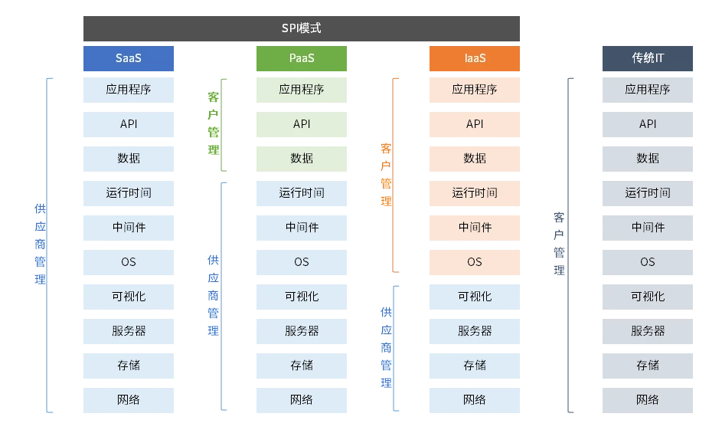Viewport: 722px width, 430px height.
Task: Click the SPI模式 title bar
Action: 301,28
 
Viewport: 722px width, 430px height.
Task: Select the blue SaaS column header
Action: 129,58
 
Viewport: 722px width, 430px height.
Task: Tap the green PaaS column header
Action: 302,58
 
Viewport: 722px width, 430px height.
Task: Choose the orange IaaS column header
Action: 475,58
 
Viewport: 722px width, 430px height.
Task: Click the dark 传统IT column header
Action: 648,58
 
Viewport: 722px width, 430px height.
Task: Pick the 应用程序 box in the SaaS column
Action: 129,90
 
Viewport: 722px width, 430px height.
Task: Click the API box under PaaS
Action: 302,124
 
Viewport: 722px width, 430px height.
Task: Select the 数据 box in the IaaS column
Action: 475,159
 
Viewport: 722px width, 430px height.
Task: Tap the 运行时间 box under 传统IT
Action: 648,193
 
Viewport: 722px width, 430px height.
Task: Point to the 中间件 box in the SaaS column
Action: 129,228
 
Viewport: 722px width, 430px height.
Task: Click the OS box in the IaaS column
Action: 475,262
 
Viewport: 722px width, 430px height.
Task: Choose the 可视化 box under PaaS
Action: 302,297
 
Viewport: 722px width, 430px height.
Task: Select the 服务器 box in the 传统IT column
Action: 648,331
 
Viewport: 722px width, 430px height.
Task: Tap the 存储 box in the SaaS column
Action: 129,366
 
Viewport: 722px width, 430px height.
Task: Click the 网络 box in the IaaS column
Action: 475,400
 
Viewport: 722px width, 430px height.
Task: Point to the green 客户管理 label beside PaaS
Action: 214,123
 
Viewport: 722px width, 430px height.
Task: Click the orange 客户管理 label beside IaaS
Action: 387,174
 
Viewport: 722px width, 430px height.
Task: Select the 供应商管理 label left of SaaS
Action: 41,244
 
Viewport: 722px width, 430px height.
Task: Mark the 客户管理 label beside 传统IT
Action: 560,244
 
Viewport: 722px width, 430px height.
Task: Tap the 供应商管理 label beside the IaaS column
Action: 387,347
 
